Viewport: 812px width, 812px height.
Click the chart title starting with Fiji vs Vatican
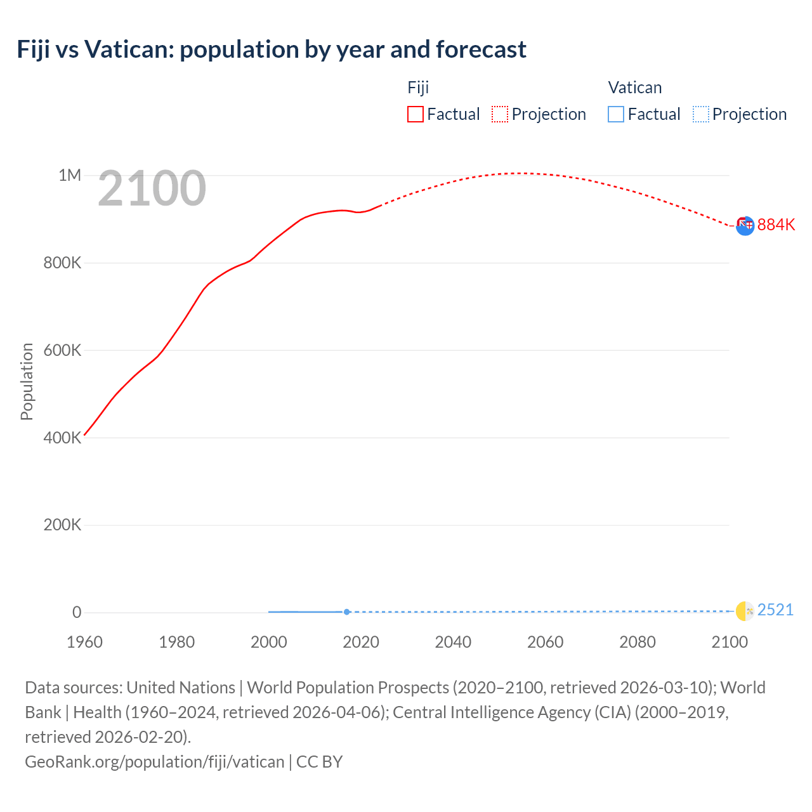point(272,49)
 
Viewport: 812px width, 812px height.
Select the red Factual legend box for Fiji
point(415,114)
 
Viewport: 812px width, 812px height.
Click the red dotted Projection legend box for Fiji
point(500,114)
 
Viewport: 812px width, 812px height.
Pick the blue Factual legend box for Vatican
point(615,114)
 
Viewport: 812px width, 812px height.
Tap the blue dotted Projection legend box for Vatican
point(700,114)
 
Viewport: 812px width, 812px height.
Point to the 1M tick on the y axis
point(70,175)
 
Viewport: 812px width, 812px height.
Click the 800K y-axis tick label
point(62,263)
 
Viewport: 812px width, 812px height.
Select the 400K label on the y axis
point(62,438)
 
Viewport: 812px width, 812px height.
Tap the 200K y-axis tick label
point(62,525)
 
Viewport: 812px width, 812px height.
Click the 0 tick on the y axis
point(77,612)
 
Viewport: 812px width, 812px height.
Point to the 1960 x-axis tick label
point(84,642)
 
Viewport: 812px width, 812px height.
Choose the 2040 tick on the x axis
point(453,642)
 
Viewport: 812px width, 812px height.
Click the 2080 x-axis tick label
point(637,642)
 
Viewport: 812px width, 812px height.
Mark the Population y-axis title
point(27,381)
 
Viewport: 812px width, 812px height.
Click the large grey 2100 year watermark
point(152,188)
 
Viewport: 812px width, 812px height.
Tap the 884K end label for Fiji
point(776,225)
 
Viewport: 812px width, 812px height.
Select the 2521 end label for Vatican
point(775,610)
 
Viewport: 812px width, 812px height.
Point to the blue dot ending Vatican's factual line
point(346,612)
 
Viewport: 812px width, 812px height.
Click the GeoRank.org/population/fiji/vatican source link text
point(154,762)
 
